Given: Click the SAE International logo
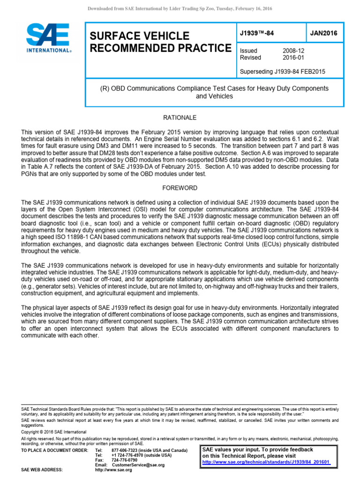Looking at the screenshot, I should [49, 38].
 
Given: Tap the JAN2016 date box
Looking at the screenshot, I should [323, 33].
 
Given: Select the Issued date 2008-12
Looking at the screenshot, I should [293, 51].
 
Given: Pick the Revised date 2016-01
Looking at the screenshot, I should [293, 58].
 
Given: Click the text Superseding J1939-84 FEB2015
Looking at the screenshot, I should [283, 72].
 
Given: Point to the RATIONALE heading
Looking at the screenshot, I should [180, 117].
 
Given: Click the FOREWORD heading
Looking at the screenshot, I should [180, 188].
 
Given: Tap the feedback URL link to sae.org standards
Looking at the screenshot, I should [266, 462].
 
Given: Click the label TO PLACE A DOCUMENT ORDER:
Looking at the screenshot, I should [54, 450].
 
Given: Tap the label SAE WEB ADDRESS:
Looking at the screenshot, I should [42, 470].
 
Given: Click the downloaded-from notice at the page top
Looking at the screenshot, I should [180, 9].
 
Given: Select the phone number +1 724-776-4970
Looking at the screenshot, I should [128, 455].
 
